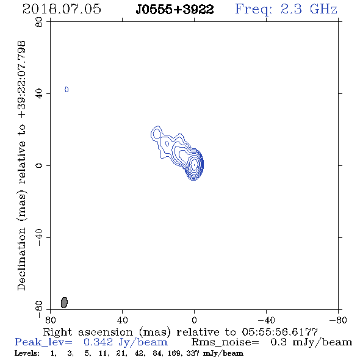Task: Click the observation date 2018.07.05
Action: tap(62, 9)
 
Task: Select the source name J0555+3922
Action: tap(175, 10)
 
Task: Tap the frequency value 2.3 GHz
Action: tap(309, 9)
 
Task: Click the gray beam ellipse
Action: tap(64, 303)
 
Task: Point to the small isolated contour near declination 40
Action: tap(67, 89)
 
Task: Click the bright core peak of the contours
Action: tap(195, 165)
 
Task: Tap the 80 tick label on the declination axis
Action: tap(39, 22)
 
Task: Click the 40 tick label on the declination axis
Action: tap(39, 94)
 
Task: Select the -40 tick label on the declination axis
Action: tap(39, 237)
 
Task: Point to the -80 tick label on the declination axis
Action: tap(39, 309)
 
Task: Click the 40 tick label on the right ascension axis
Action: tap(123, 320)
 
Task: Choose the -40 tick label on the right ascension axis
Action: tap(266, 320)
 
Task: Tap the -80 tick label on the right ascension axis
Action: tap(338, 320)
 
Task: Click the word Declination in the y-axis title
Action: tap(21, 259)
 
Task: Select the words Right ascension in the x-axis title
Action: tap(88, 332)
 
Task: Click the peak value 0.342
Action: tap(98, 342)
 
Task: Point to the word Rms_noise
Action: tap(225, 342)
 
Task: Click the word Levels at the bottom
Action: tap(27, 353)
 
